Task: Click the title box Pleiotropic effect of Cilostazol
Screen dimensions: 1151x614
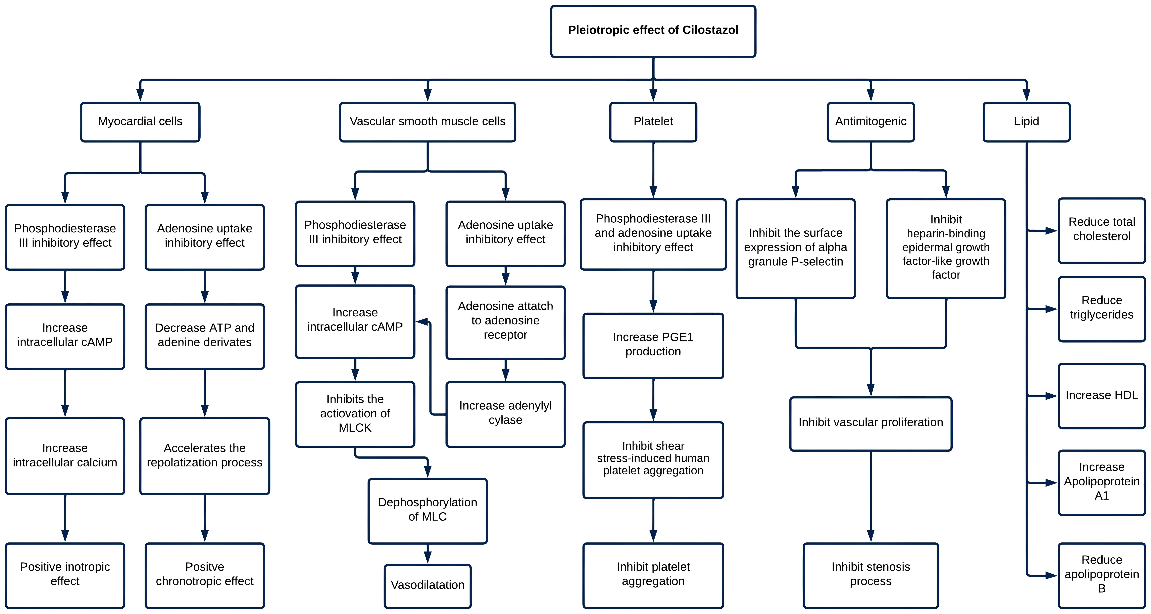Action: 653,31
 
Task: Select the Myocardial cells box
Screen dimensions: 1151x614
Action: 140,122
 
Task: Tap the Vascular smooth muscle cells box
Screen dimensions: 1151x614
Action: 428,122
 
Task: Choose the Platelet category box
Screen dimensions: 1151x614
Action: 653,122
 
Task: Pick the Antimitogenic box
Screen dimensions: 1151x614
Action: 871,122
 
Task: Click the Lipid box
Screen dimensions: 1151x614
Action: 1026,122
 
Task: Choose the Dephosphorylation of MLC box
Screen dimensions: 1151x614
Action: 428,511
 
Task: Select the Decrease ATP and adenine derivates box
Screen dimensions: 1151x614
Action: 205,337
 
